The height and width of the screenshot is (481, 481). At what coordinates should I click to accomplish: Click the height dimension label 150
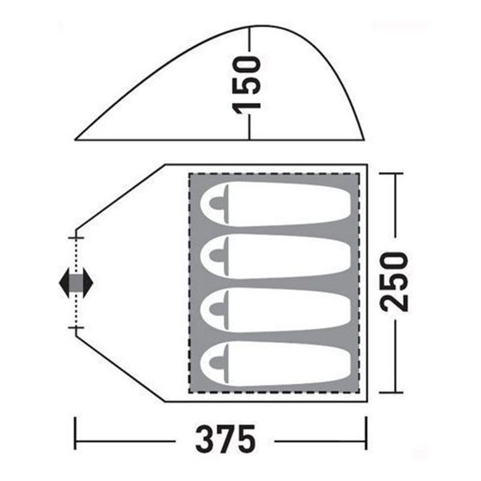pos(247,85)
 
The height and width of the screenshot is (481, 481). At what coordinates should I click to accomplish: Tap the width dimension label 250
pos(394,282)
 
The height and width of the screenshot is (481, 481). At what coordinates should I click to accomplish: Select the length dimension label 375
pos(225,439)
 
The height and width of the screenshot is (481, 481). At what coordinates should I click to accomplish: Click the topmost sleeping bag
pos(275,204)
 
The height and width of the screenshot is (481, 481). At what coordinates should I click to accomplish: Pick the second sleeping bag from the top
pos(275,257)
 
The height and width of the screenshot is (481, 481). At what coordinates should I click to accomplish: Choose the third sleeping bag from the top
pos(275,310)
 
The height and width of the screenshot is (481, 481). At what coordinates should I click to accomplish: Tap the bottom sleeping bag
pos(275,364)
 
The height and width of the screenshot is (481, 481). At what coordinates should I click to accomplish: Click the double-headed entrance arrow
pos(76,283)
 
